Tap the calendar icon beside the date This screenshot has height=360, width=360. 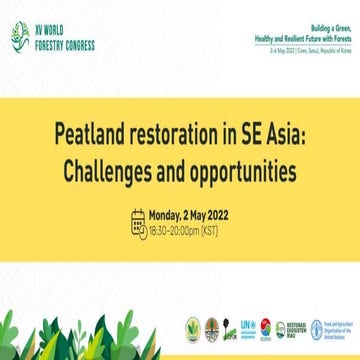pos(138,194)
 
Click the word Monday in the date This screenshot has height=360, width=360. pos(165,188)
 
